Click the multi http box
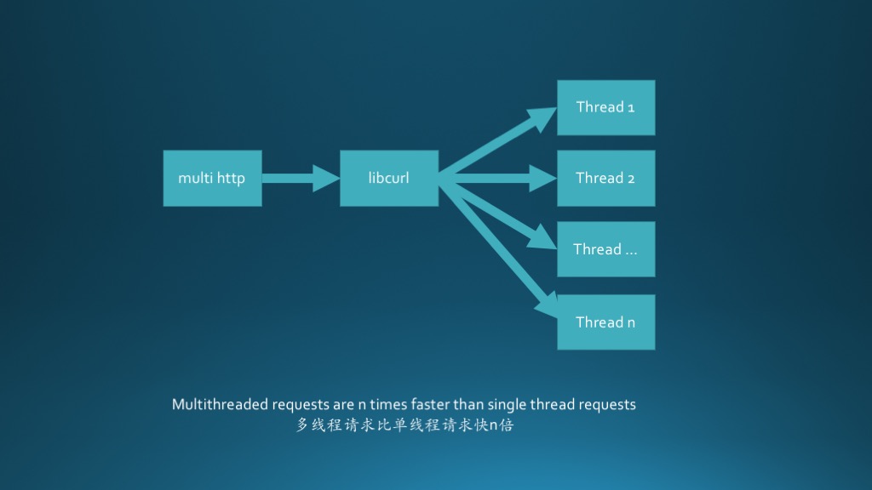click(x=212, y=178)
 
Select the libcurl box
click(x=389, y=178)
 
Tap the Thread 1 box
click(x=605, y=107)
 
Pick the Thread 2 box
click(x=605, y=178)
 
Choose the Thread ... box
click(x=605, y=249)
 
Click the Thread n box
click(x=605, y=322)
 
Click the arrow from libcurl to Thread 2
click(x=498, y=178)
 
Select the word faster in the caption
click(x=430, y=404)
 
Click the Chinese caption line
click(x=404, y=424)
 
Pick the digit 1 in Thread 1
click(x=631, y=107)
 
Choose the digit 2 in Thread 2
click(x=631, y=178)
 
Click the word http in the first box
click(x=231, y=178)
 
